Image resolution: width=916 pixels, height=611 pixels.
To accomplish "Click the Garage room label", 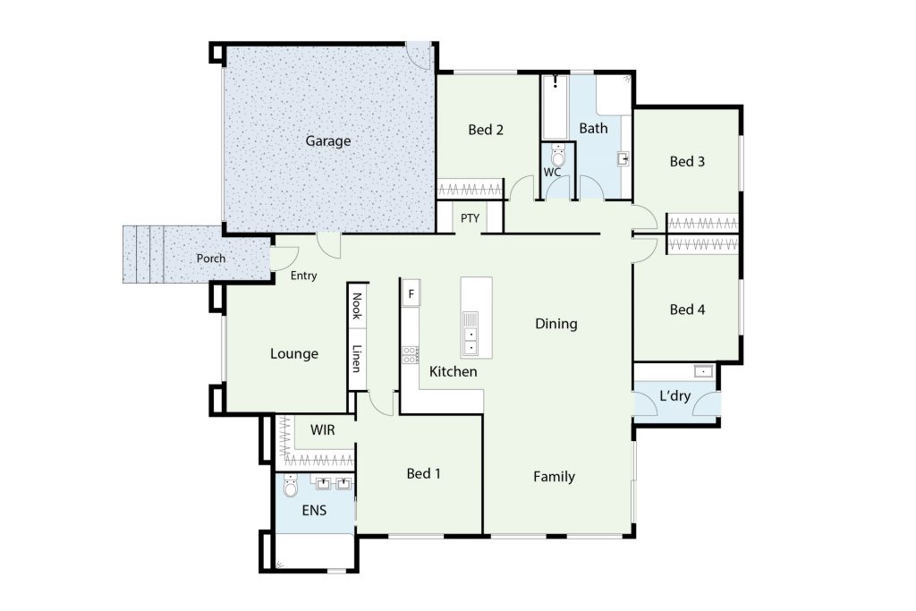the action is click(x=327, y=140).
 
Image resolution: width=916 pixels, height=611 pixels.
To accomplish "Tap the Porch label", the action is click(x=211, y=259).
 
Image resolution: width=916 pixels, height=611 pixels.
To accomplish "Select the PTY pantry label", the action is click(x=470, y=218).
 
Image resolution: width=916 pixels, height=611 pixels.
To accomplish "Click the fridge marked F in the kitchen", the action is click(x=411, y=293).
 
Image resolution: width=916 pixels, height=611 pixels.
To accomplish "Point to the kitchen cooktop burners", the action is click(x=410, y=355).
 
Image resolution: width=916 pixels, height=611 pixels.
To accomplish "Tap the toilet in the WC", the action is click(x=558, y=157).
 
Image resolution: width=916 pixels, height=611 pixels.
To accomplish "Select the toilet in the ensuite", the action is click(x=291, y=486).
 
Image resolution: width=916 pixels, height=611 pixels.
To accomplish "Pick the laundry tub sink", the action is click(x=703, y=371).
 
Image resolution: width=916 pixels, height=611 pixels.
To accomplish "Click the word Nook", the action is click(x=356, y=306).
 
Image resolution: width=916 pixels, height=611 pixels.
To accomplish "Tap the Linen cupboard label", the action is click(x=356, y=359).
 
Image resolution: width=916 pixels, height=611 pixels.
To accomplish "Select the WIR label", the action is click(x=322, y=430).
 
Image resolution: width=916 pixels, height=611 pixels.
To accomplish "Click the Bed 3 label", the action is click(x=687, y=161).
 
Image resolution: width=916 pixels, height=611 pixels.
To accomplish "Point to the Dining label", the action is click(x=556, y=324).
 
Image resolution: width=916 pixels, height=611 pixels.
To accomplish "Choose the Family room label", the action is click(x=554, y=477).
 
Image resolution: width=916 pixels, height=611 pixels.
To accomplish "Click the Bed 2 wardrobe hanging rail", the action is click(x=470, y=190).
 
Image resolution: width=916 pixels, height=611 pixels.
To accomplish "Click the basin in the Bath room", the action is click(x=623, y=158).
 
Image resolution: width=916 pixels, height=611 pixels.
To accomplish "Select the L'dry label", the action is click(x=674, y=395).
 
